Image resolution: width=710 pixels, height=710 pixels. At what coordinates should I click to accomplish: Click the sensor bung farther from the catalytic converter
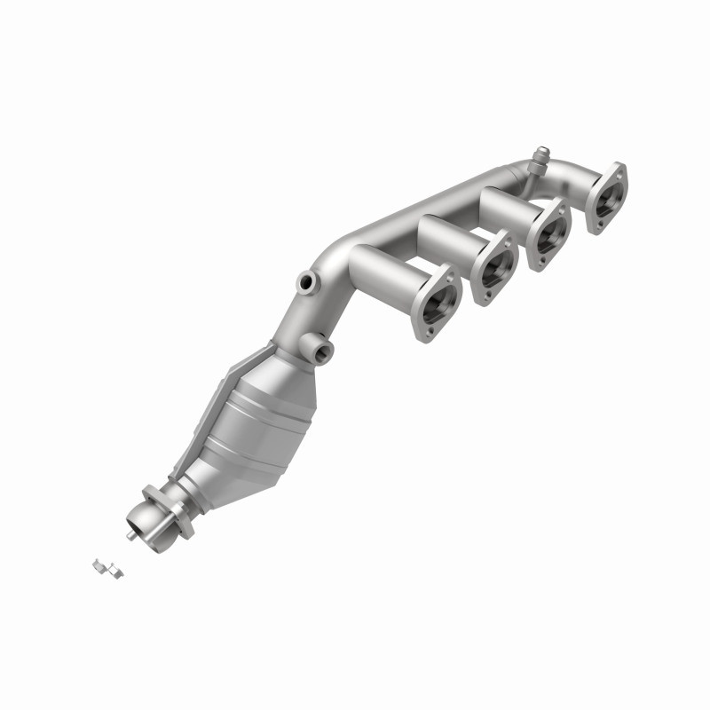(x=306, y=282)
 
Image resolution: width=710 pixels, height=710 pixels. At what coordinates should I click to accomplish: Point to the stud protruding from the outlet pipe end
(x=130, y=535)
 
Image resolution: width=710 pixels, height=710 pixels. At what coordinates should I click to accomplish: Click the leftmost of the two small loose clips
(x=100, y=564)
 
